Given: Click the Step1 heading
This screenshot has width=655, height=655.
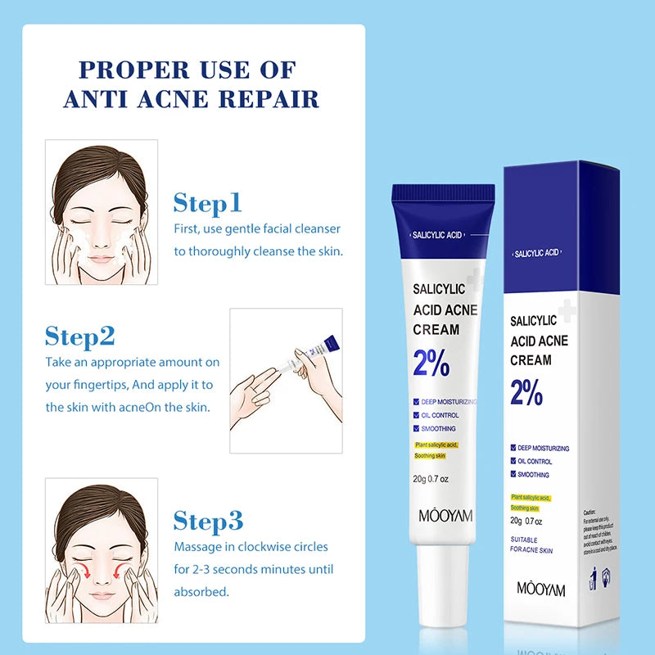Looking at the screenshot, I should click(207, 203).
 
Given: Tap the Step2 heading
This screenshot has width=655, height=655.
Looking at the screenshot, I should click(79, 336).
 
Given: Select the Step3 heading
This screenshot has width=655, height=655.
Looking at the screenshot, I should click(208, 521).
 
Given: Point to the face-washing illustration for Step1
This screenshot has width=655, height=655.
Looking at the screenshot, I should click(102, 212).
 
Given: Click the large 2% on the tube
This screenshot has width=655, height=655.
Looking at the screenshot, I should click(431, 363).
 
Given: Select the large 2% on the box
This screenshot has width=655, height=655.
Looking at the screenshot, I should click(527, 393).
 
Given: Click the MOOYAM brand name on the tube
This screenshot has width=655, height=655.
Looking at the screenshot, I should click(443, 516).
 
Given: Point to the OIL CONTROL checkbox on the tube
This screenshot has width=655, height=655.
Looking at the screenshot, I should click(418, 415).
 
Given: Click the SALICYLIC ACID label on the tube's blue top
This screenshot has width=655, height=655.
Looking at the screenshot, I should click(439, 235).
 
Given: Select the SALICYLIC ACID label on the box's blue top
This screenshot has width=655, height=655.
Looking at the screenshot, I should click(537, 253).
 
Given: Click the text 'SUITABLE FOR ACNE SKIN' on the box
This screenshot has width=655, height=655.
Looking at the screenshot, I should click(531, 545).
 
